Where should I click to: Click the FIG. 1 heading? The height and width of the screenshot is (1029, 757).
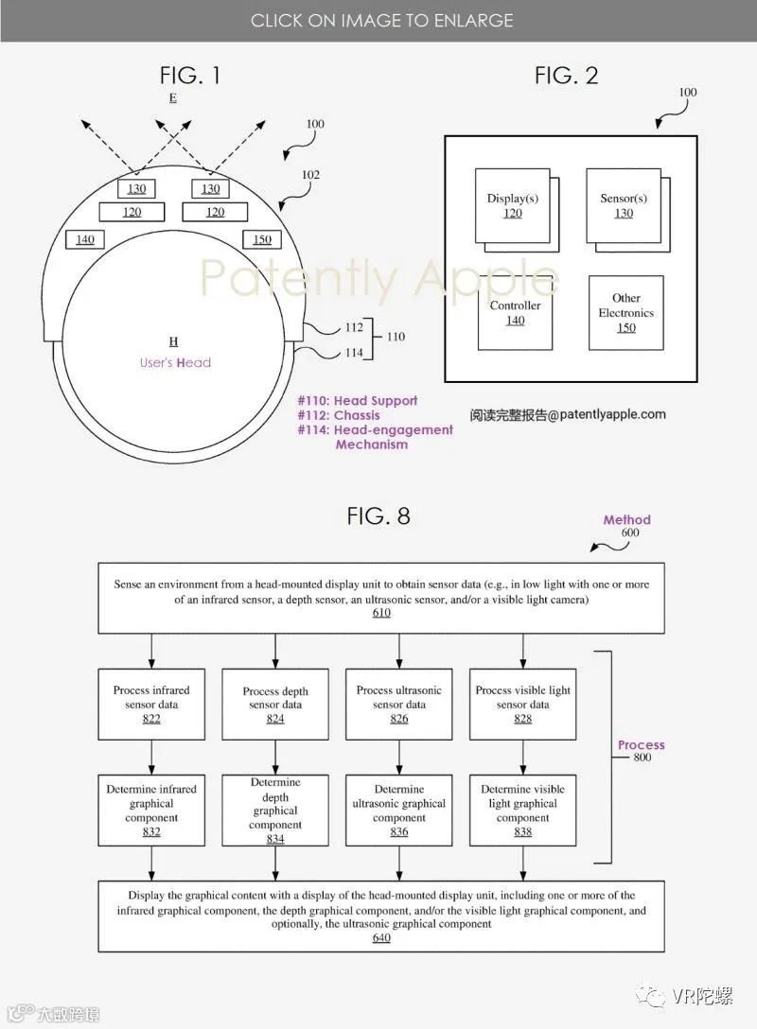(x=190, y=76)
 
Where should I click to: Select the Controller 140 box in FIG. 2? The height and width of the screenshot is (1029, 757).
(x=515, y=313)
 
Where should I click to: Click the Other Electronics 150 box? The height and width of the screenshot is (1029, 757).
(x=625, y=313)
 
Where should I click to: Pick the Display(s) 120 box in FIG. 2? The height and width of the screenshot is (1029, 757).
(x=511, y=206)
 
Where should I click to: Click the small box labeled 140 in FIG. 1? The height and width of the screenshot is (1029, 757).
(x=85, y=239)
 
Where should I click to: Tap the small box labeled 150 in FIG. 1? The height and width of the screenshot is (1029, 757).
(x=262, y=239)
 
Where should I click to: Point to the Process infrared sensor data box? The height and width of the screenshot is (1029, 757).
(x=152, y=705)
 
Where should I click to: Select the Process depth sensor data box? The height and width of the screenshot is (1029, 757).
(x=275, y=705)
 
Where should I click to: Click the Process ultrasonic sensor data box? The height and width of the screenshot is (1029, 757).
(x=398, y=705)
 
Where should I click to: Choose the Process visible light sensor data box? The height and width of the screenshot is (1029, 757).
(x=522, y=705)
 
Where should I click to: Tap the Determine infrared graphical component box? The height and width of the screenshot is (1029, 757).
(x=152, y=811)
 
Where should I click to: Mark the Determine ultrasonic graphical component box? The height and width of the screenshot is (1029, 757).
(x=398, y=811)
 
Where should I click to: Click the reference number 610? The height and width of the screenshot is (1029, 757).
(x=380, y=613)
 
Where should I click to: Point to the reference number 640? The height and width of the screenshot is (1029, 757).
(x=380, y=937)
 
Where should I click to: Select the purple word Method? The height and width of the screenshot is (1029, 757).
(x=627, y=519)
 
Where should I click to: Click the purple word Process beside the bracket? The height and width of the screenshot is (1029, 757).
(x=642, y=745)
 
